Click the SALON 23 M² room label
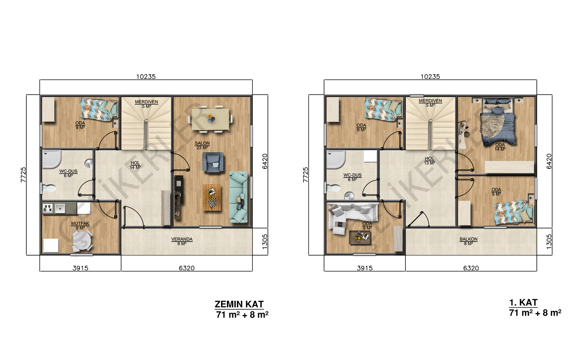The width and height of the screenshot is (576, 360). (x=202, y=145)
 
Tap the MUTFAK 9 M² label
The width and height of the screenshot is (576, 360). (x=80, y=226)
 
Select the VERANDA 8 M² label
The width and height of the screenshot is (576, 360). (x=182, y=241)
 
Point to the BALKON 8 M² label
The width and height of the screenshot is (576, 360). (x=468, y=241)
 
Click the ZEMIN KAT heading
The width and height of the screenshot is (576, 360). (x=239, y=304)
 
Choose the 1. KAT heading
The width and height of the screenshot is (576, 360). (x=523, y=303)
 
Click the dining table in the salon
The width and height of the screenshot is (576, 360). (x=211, y=119)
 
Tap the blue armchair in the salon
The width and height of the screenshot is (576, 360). (x=213, y=162)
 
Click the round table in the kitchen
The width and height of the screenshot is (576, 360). (x=82, y=241)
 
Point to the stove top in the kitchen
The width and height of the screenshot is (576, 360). (x=48, y=208)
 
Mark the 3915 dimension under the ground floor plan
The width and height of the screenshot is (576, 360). (x=81, y=268)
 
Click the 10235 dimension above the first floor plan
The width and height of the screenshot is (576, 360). (x=430, y=77)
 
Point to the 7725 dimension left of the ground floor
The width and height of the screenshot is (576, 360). (x=23, y=175)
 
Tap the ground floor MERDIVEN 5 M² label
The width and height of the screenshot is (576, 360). (x=146, y=104)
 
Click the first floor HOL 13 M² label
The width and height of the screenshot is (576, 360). (x=429, y=161)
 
